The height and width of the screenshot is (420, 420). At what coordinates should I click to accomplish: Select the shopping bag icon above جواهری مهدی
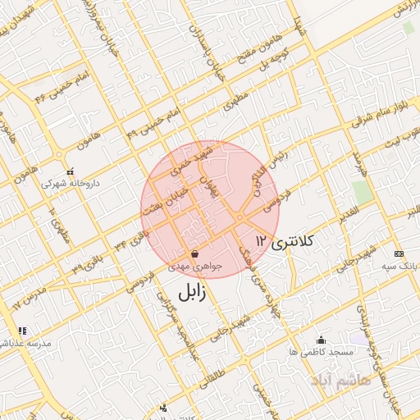pos(194,253)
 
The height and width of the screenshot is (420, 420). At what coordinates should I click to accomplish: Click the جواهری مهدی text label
pos(194,267)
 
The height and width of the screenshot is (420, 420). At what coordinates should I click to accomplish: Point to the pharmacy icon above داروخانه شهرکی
pos(71,171)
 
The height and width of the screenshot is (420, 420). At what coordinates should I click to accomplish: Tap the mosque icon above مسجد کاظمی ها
pos(320,339)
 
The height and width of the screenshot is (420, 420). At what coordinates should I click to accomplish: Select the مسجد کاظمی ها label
pos(320,351)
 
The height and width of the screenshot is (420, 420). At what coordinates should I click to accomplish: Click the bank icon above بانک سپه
pos(399,254)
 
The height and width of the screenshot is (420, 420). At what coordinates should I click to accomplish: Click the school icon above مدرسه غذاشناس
pos(22,331)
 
